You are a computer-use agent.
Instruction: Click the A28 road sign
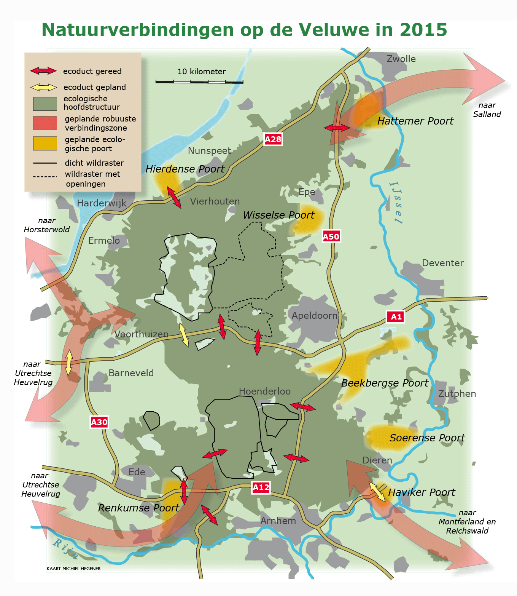(273, 139)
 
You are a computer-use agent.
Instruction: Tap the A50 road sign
(331, 236)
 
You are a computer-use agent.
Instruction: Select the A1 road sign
(396, 316)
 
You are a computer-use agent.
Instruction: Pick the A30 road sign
(99, 422)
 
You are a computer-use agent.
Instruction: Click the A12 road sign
(261, 487)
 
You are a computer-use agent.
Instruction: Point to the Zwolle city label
(401, 59)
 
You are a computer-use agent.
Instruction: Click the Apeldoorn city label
(315, 315)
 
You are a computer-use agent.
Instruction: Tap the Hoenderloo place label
(264, 391)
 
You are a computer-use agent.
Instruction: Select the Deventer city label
(442, 263)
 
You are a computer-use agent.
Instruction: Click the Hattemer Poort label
(415, 121)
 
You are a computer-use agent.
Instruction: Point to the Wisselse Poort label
(278, 215)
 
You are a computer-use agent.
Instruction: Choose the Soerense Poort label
(427, 438)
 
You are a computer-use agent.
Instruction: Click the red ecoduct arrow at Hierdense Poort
(174, 197)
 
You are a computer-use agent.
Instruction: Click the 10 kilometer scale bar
(199, 81)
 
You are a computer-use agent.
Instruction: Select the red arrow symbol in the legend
(43, 71)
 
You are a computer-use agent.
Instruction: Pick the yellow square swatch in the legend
(45, 144)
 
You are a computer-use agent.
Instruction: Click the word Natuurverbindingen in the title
(137, 30)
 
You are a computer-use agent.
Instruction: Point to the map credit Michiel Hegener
(73, 569)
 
